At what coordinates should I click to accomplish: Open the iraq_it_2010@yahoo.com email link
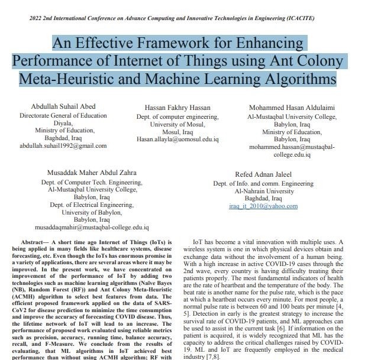[x=263, y=206]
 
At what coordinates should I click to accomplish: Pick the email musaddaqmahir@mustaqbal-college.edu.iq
[x=92, y=227]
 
